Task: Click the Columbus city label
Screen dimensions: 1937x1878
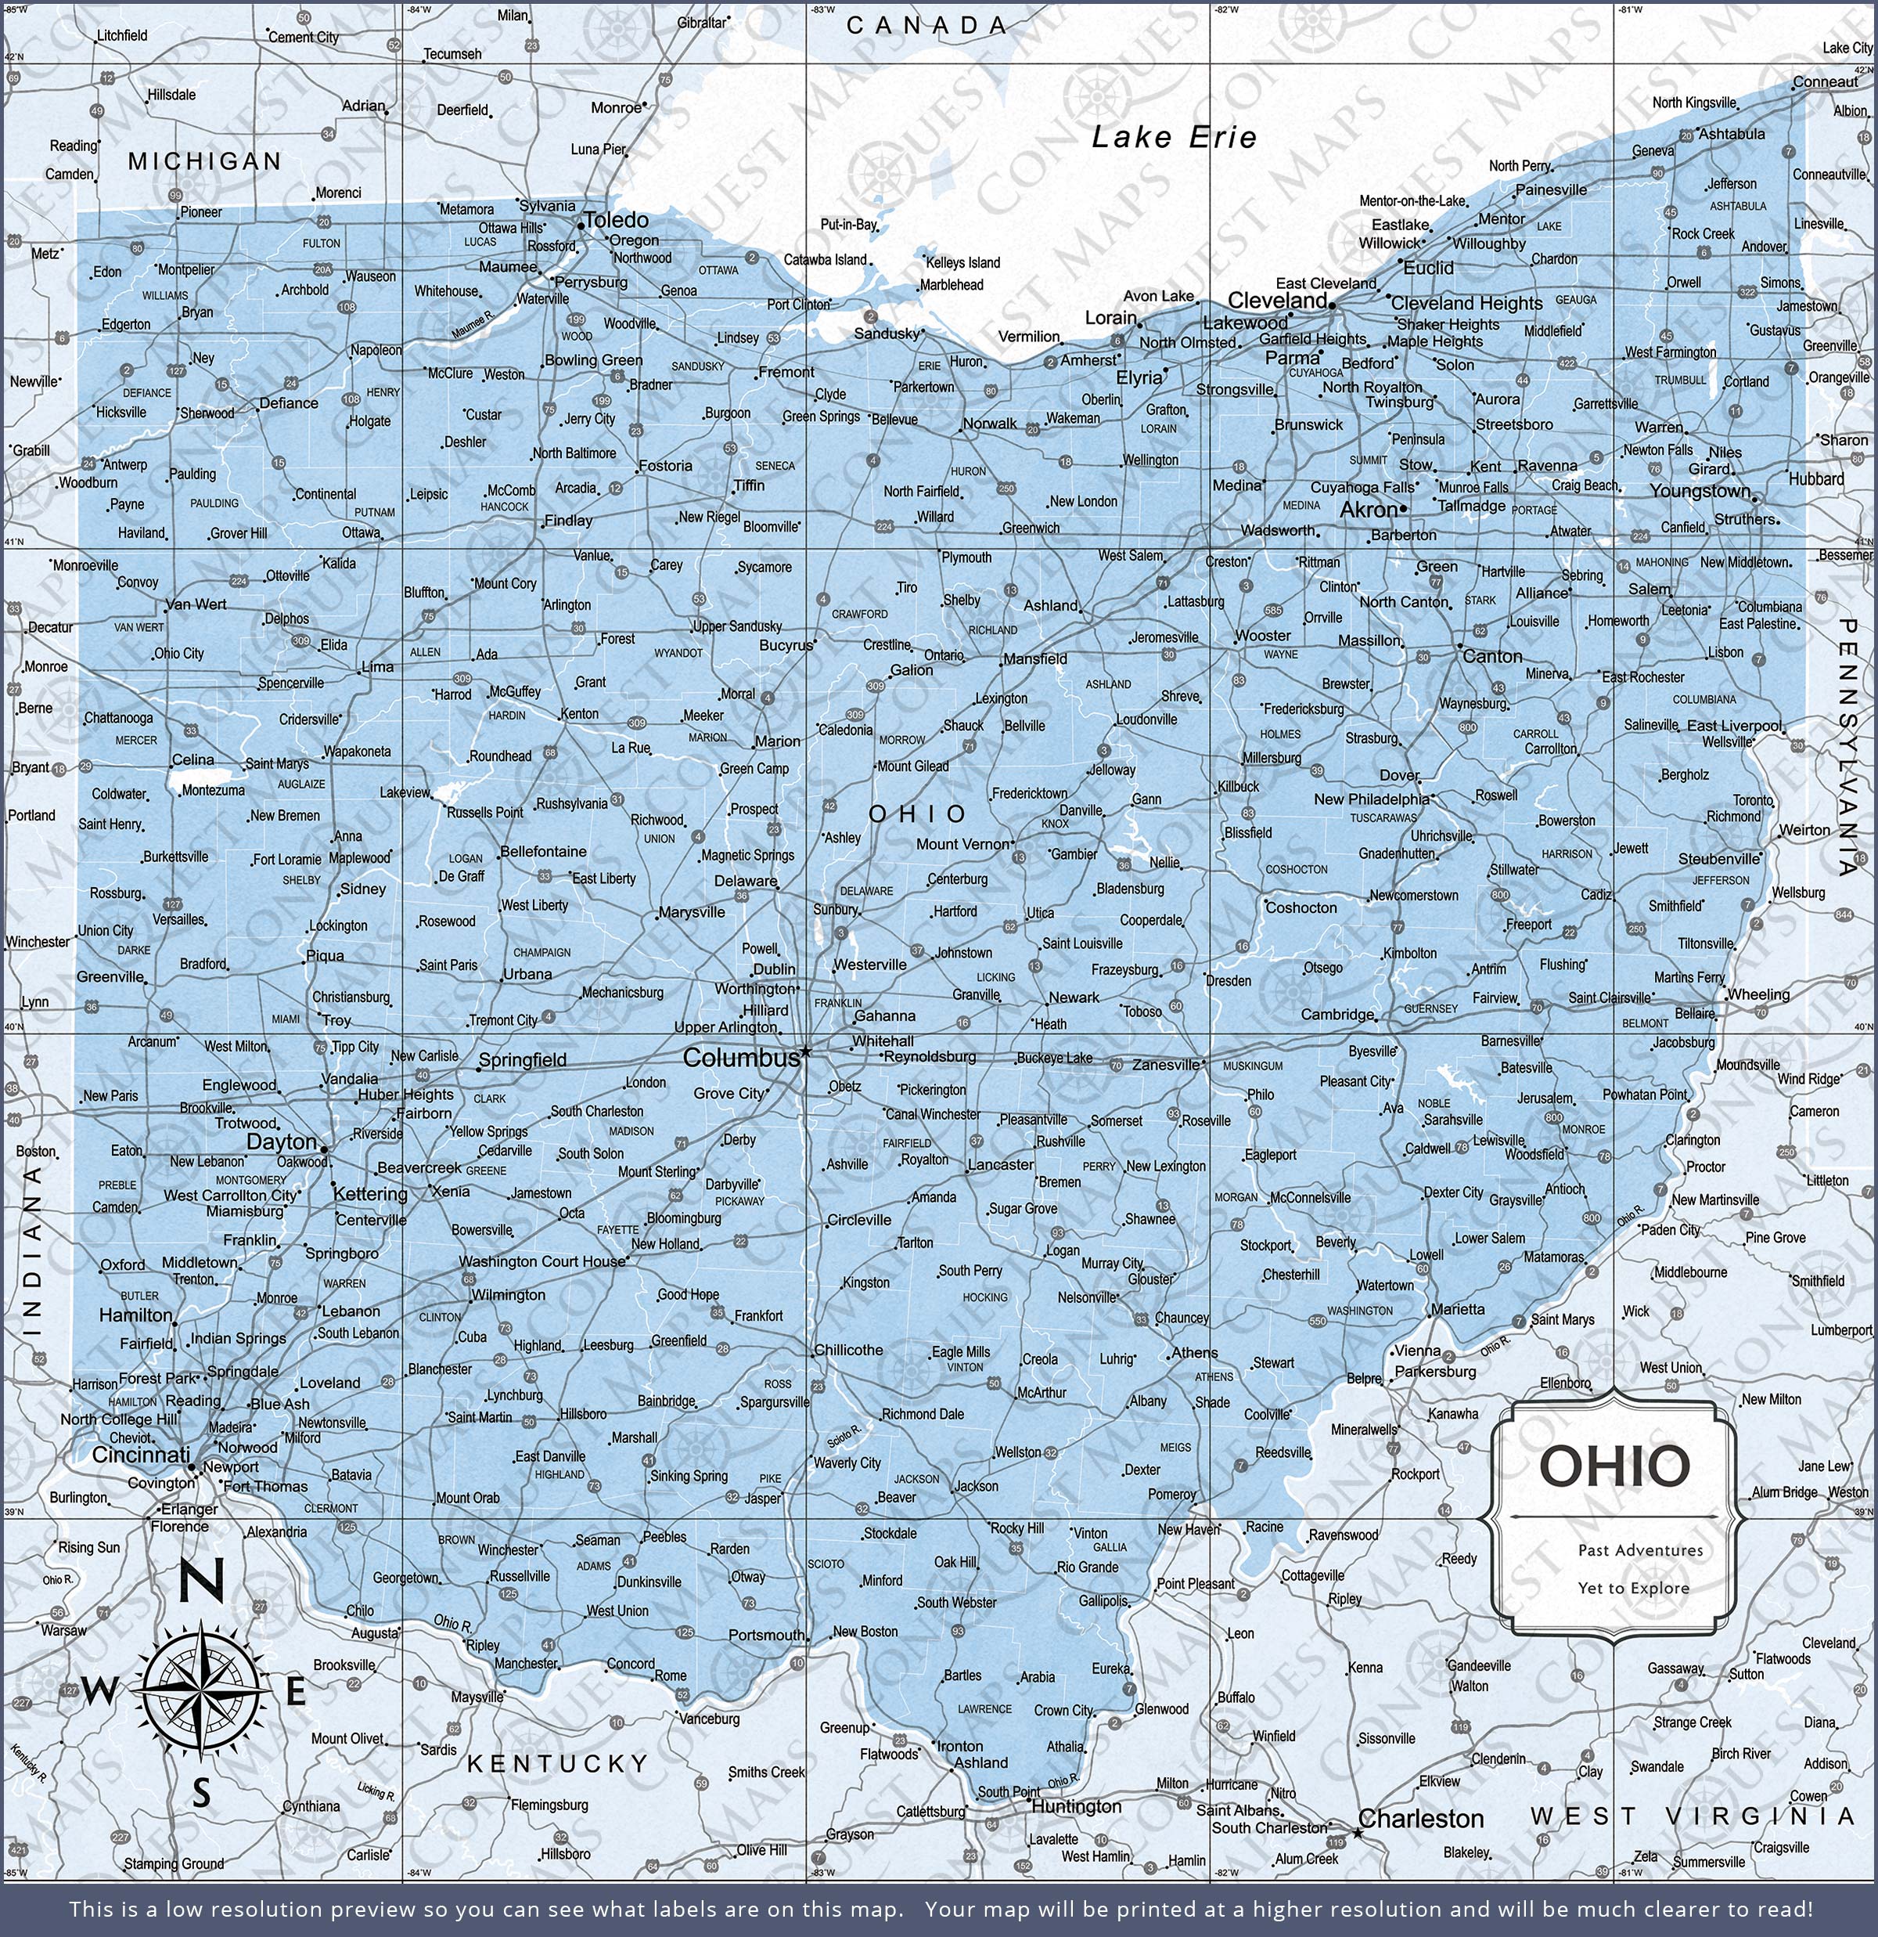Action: click(741, 1058)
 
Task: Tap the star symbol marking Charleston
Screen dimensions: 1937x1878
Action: click(1358, 1833)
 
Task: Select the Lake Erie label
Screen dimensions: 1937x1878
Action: click(1174, 137)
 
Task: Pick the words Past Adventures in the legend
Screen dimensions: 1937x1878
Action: click(1640, 1549)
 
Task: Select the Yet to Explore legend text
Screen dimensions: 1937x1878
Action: click(1633, 1587)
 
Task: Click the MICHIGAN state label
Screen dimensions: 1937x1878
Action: click(204, 161)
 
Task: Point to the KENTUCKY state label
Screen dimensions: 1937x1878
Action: click(557, 1763)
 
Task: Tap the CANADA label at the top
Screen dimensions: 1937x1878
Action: click(926, 26)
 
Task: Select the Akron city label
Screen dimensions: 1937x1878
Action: click(1369, 510)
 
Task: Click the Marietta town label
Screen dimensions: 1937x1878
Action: click(1457, 1309)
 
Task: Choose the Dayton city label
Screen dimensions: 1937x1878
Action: click(282, 1142)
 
